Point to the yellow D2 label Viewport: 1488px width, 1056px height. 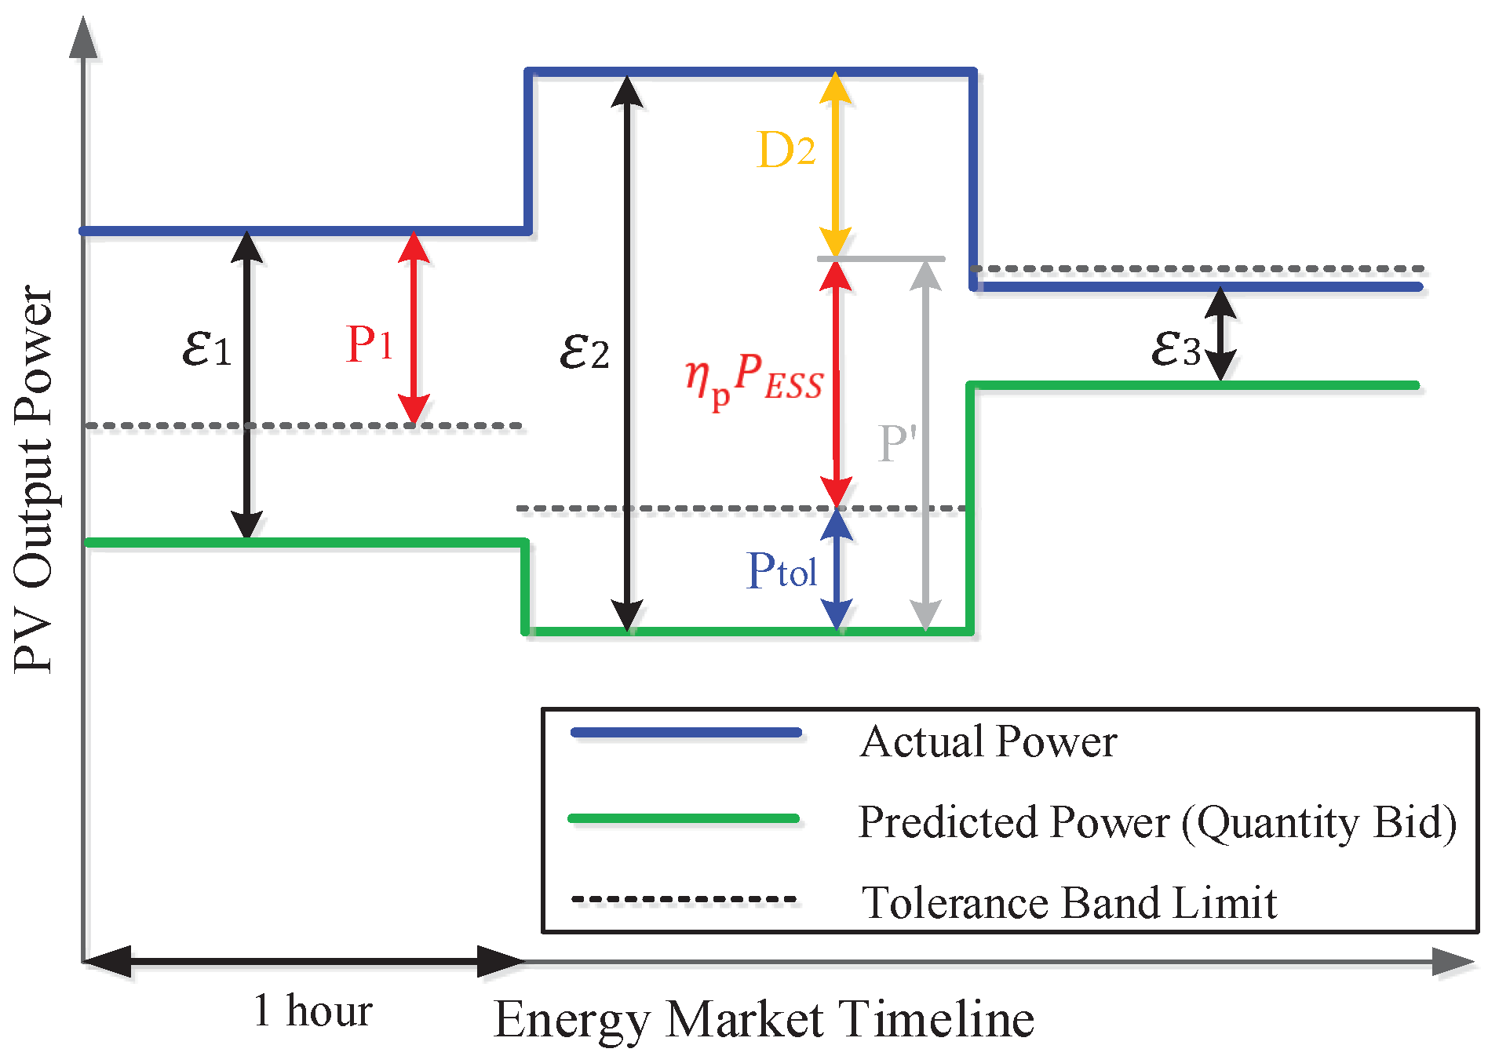click(785, 150)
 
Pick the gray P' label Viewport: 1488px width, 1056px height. click(896, 444)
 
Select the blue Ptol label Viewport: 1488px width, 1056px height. click(782, 570)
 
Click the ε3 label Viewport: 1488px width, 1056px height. click(1175, 348)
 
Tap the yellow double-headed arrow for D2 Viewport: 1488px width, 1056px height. click(835, 165)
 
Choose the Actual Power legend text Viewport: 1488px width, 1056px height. click(987, 741)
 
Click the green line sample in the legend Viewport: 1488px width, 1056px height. click(683, 818)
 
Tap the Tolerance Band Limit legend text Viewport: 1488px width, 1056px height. click(1069, 902)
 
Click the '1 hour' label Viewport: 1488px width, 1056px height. click(312, 1010)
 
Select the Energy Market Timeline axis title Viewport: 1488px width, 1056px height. click(764, 1020)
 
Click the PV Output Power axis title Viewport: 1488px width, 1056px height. click(33, 479)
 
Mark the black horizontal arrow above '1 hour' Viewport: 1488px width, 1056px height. click(304, 961)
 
